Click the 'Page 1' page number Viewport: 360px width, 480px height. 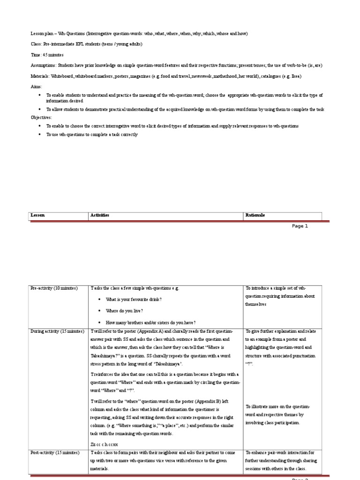click(x=300, y=226)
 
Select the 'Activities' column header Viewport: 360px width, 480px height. click(x=99, y=215)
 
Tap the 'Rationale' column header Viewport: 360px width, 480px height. click(x=255, y=215)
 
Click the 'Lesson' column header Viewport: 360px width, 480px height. click(x=37, y=215)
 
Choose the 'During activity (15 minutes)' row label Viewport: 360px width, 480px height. click(x=57, y=331)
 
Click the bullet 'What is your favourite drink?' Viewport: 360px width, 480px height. click(x=135, y=299)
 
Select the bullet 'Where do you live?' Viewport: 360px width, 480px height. click(x=125, y=311)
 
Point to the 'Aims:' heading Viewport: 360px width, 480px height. click(x=36, y=87)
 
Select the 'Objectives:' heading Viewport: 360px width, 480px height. click(x=41, y=118)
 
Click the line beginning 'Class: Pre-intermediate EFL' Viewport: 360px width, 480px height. click(x=86, y=44)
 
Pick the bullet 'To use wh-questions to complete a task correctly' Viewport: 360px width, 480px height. click(x=92, y=135)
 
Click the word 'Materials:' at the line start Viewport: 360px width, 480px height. click(x=40, y=76)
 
